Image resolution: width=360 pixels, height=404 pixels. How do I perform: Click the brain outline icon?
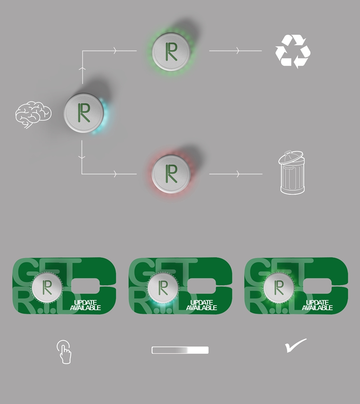point(33,114)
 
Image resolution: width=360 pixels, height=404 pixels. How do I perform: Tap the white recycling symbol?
point(293,52)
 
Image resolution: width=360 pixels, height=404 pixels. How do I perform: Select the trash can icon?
point(292,172)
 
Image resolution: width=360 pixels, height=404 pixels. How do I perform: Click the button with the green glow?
point(171,52)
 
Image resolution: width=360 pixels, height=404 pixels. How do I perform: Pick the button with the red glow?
point(171,174)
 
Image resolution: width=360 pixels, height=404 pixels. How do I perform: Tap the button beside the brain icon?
point(84,113)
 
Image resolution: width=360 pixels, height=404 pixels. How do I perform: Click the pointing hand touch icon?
point(64,352)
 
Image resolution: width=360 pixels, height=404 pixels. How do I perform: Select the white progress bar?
point(180,350)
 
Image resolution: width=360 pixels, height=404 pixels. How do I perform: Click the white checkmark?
point(296,345)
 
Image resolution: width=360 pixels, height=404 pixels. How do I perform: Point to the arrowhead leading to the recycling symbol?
point(238,51)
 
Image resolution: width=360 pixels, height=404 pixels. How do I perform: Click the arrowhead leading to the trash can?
point(238,174)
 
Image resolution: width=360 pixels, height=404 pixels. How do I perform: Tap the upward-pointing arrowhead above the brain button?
point(82,68)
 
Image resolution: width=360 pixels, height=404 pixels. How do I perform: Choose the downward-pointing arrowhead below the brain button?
point(82,157)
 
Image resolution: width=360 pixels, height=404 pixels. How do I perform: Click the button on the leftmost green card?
point(47,287)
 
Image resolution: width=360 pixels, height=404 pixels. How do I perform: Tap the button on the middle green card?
point(163,287)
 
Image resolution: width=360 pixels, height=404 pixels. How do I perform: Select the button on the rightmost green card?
point(279,287)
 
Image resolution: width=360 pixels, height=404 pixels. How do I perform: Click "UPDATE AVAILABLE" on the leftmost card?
point(86,305)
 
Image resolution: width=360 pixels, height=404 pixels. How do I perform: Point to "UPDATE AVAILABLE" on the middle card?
point(202,305)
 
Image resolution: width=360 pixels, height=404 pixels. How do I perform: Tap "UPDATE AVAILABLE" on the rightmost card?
point(317,305)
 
